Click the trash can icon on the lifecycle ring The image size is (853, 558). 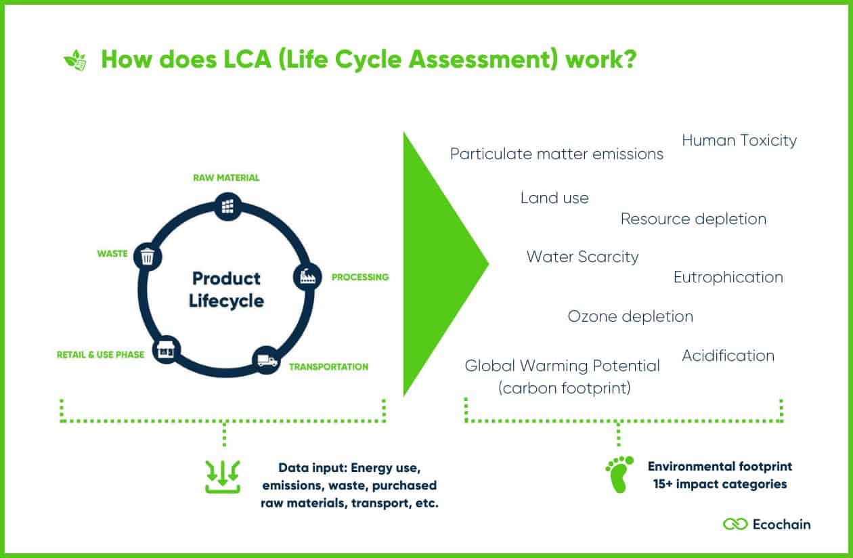[148, 257]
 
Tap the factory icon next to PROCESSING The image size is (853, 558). [307, 276]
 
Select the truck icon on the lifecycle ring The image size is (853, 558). [267, 360]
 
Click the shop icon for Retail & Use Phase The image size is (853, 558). [166, 349]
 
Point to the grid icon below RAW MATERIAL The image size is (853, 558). [227, 207]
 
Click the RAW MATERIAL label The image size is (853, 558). [226, 178]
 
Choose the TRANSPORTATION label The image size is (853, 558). [328, 367]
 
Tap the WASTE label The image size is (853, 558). [112, 254]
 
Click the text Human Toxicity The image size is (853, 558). [739, 141]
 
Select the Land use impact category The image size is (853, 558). [554, 198]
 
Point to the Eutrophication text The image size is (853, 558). [728, 278]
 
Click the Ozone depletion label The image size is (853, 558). [630, 317]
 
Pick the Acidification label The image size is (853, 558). [728, 356]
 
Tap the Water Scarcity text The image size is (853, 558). [582, 257]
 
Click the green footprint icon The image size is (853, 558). [619, 474]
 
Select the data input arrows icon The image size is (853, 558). [223, 477]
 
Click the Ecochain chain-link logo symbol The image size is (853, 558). [735, 524]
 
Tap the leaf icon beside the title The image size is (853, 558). [75, 60]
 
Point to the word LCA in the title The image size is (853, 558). [247, 60]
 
